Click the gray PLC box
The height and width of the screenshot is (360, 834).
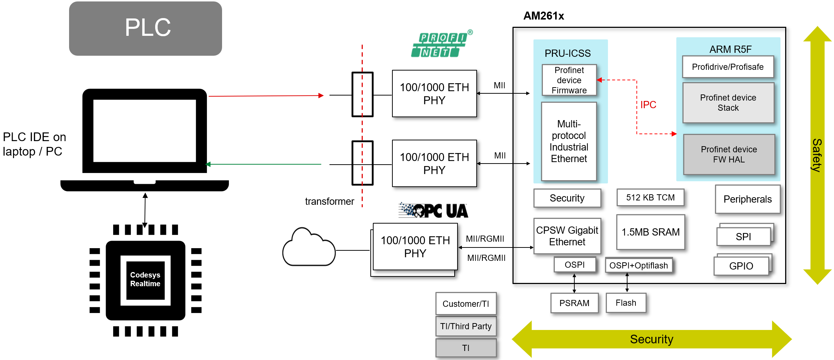pyautogui.click(x=145, y=28)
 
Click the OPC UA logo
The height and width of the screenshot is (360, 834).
pyautogui.click(x=433, y=211)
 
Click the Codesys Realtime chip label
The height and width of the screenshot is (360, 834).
pyautogui.click(x=145, y=279)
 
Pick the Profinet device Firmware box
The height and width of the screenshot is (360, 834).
pyautogui.click(x=569, y=80)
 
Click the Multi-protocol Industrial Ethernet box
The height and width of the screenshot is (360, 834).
pyautogui.click(x=569, y=141)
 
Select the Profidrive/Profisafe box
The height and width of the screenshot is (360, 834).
pyautogui.click(x=727, y=67)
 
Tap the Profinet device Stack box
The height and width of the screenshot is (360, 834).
pyautogui.click(x=728, y=103)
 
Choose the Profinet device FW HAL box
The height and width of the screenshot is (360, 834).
pyautogui.click(x=729, y=154)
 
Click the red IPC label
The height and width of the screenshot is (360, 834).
pyautogui.click(x=648, y=105)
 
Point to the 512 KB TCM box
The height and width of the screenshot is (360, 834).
pyautogui.click(x=650, y=198)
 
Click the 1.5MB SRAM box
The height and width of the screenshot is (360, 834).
pyautogui.click(x=650, y=232)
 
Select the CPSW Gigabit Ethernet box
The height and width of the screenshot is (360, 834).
pyautogui.click(x=567, y=236)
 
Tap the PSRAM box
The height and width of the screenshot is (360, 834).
pyautogui.click(x=574, y=303)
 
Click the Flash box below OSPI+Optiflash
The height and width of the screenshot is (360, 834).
pyautogui.click(x=626, y=303)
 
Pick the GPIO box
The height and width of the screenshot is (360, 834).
pyautogui.click(x=741, y=266)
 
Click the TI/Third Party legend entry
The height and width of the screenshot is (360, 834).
pyautogui.click(x=465, y=326)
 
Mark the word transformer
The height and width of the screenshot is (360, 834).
pyautogui.click(x=329, y=202)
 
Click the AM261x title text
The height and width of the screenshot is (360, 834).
pyautogui.click(x=543, y=16)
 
